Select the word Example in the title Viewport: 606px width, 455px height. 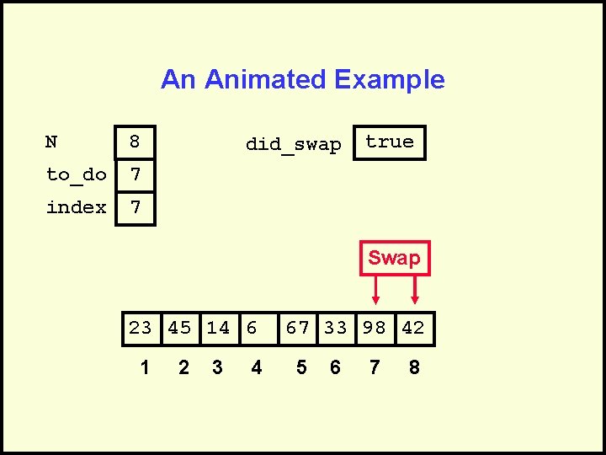(x=389, y=79)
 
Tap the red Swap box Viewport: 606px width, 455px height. (x=394, y=258)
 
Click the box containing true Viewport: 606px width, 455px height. (x=390, y=142)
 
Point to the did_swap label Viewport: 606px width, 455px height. (x=293, y=144)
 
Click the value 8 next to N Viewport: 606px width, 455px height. (x=135, y=142)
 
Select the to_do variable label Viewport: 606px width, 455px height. (x=76, y=174)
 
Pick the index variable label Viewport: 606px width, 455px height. (x=76, y=207)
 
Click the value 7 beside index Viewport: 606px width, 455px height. (x=135, y=207)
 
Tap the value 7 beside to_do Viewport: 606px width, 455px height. (x=135, y=175)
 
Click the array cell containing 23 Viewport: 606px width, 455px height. (x=141, y=328)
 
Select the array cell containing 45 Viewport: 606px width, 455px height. (x=179, y=328)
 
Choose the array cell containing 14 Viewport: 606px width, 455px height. (x=218, y=328)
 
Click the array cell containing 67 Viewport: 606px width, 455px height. (x=298, y=328)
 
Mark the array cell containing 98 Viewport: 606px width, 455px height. (x=375, y=328)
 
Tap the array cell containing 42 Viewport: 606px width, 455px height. (x=413, y=328)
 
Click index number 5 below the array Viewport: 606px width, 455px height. (x=301, y=367)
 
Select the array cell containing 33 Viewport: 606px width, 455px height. (x=336, y=328)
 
